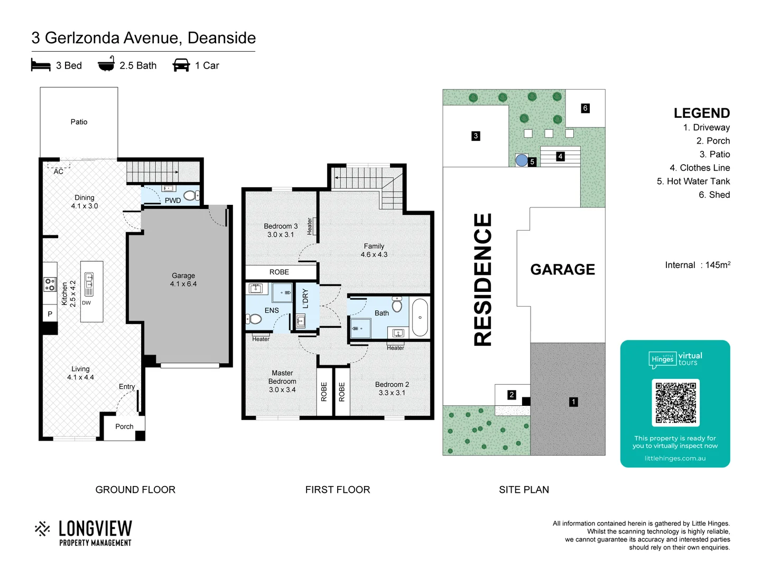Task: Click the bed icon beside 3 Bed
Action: coord(41,65)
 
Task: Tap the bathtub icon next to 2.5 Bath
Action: coord(106,64)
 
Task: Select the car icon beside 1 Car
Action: coord(181,65)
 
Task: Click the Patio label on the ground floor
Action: coord(79,122)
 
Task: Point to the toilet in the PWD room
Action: coord(192,195)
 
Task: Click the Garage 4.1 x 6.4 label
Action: coord(183,280)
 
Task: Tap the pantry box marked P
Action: coord(50,314)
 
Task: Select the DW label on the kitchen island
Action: coord(86,303)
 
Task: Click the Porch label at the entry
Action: coord(124,426)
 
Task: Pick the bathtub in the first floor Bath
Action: coord(420,318)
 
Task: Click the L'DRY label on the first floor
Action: coord(305,299)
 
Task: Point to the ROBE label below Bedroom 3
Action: coord(279,272)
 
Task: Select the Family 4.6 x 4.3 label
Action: coord(374,250)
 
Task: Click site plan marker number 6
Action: coord(585,108)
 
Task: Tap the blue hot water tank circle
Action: coord(522,160)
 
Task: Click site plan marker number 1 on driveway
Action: coord(573,402)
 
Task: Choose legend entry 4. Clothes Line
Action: coord(700,168)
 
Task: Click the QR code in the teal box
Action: coord(675,403)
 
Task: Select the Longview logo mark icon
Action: coord(42,529)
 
